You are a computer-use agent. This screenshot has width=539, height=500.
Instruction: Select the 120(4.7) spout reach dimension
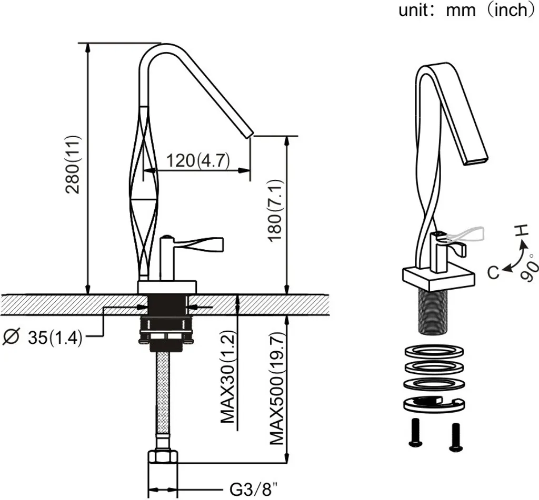point(198,160)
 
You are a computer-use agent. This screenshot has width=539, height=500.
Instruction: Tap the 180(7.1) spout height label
point(276,210)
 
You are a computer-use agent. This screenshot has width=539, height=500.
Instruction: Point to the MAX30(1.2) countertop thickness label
point(228,377)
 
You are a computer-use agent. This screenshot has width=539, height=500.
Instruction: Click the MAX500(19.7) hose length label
point(276,389)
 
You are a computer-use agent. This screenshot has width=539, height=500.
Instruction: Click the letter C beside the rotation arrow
point(493,273)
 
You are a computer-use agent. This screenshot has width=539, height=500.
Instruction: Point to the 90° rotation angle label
point(528,268)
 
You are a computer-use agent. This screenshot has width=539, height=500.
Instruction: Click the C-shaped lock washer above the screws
point(432,404)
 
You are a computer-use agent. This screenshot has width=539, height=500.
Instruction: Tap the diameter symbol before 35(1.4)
point(11,337)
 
